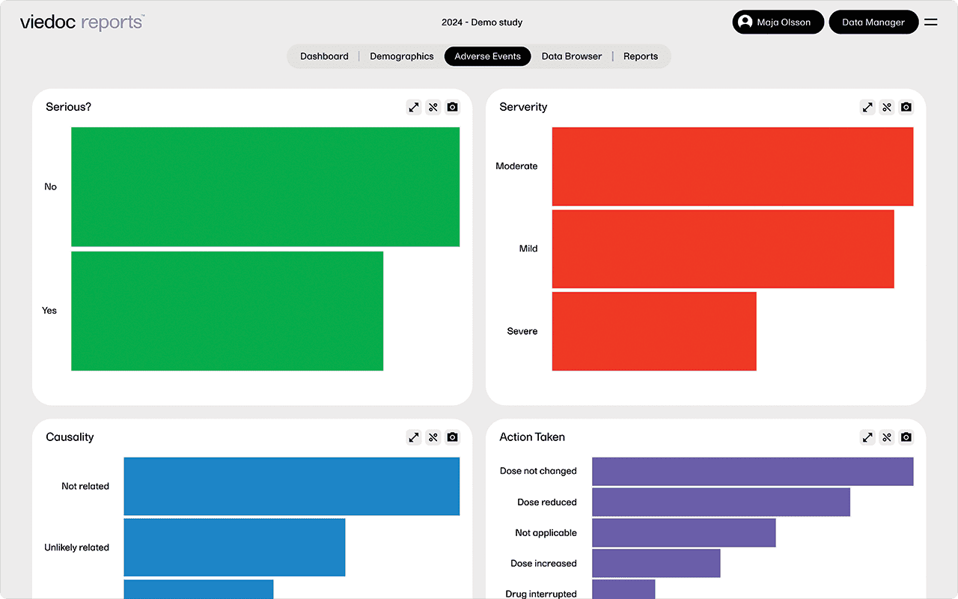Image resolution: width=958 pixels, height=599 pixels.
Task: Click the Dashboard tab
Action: pyautogui.click(x=324, y=56)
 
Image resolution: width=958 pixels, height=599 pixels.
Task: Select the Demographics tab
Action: pyautogui.click(x=401, y=56)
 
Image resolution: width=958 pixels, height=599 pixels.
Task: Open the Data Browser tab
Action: pyautogui.click(x=572, y=56)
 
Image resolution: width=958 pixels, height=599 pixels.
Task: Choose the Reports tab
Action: pyautogui.click(x=641, y=56)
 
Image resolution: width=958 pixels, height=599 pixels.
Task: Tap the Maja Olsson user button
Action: pyautogui.click(x=778, y=22)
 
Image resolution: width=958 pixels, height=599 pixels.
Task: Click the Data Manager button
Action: pyautogui.click(x=873, y=22)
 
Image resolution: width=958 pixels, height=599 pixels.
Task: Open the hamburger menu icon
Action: pyautogui.click(x=931, y=22)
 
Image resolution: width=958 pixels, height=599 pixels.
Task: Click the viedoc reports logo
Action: pyautogui.click(x=82, y=22)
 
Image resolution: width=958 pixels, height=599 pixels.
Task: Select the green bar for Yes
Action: pyautogui.click(x=227, y=311)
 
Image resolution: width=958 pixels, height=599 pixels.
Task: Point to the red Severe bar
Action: pyautogui.click(x=654, y=331)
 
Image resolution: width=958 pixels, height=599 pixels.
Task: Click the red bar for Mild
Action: pyautogui.click(x=723, y=249)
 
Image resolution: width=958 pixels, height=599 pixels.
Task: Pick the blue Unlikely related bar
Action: pyautogui.click(x=234, y=547)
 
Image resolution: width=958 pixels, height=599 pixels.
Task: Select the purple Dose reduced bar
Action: pyautogui.click(x=721, y=502)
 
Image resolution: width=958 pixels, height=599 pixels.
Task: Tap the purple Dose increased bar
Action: pyautogui.click(x=656, y=564)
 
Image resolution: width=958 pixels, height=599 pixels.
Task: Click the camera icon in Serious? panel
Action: pyautogui.click(x=452, y=107)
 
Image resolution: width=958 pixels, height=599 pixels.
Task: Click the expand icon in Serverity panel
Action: pyautogui.click(x=867, y=107)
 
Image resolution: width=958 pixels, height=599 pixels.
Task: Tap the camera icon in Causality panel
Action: pyautogui.click(x=452, y=437)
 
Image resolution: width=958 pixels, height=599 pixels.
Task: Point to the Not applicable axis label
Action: pyautogui.click(x=546, y=533)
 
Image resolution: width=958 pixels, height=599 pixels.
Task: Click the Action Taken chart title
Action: pyautogui.click(x=532, y=437)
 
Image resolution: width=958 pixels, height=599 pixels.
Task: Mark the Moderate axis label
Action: pyautogui.click(x=516, y=166)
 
